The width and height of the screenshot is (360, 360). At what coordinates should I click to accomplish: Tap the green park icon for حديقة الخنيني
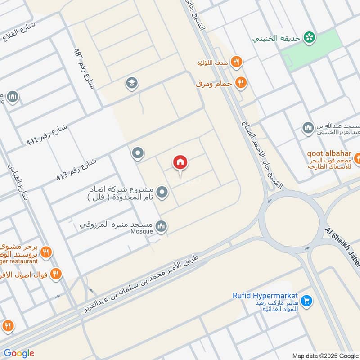[x=309, y=38]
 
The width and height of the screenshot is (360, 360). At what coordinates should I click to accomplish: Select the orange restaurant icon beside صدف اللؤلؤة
[x=236, y=62]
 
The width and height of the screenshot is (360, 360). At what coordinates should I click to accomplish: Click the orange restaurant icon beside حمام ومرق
[x=241, y=83]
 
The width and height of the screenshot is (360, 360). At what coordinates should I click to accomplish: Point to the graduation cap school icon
[x=132, y=83]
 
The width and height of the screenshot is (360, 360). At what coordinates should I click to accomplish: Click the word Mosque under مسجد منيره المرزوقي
[x=142, y=231]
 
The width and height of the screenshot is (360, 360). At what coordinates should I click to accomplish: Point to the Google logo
[x=18, y=353]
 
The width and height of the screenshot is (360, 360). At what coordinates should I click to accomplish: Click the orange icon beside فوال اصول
[x=56, y=273]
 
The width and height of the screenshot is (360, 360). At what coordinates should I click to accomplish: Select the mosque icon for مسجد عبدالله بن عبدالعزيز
[x=308, y=128]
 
